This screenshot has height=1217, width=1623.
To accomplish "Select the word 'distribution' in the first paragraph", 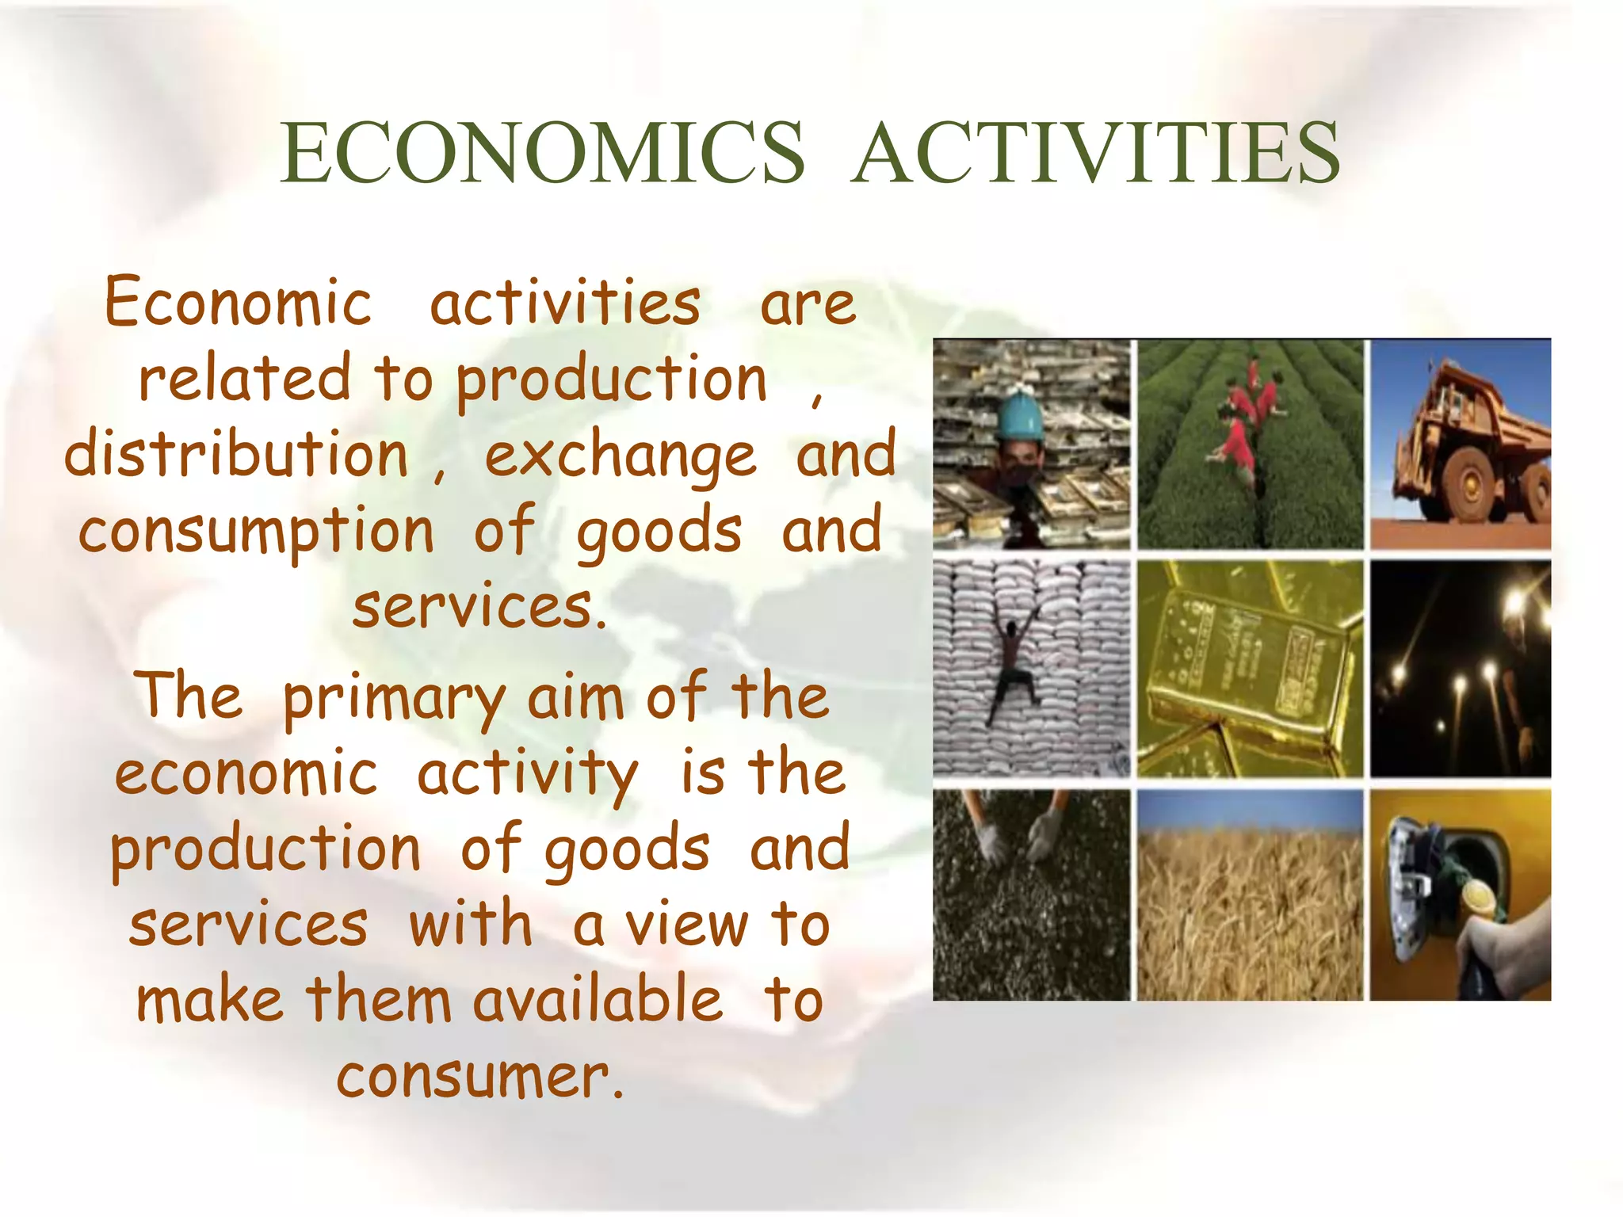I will [236, 455].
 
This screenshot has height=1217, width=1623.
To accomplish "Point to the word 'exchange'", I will [621, 458].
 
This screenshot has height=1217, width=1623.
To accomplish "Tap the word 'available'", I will [598, 1000].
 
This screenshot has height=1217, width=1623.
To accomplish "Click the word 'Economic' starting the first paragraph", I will [239, 303].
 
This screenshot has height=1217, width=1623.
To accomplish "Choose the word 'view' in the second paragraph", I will [686, 925].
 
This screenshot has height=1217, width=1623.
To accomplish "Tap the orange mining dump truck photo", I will [1460, 444].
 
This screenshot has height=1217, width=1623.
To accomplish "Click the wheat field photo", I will [1250, 895].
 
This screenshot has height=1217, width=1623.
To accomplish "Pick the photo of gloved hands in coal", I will [1031, 895].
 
